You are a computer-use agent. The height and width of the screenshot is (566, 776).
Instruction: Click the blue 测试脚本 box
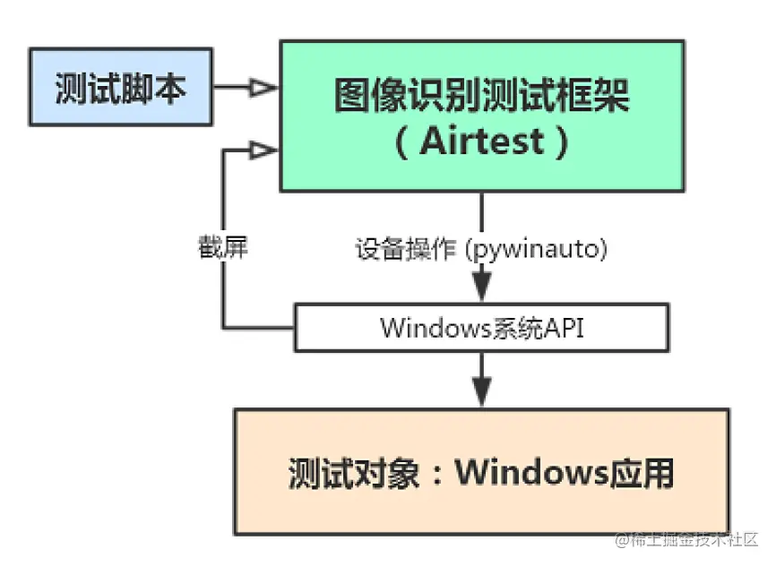(121, 88)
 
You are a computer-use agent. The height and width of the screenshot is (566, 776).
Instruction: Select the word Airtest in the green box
(482, 142)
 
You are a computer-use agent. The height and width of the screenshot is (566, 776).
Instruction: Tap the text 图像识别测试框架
(482, 96)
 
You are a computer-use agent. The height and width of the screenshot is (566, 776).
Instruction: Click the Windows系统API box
(482, 327)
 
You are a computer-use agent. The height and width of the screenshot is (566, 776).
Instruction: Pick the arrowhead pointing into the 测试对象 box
(482, 391)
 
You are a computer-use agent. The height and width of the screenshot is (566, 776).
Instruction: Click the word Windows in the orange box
(535, 472)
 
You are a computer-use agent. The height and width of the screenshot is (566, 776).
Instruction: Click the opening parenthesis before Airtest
(401, 142)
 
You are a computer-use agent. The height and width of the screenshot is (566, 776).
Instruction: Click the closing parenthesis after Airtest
(561, 142)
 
